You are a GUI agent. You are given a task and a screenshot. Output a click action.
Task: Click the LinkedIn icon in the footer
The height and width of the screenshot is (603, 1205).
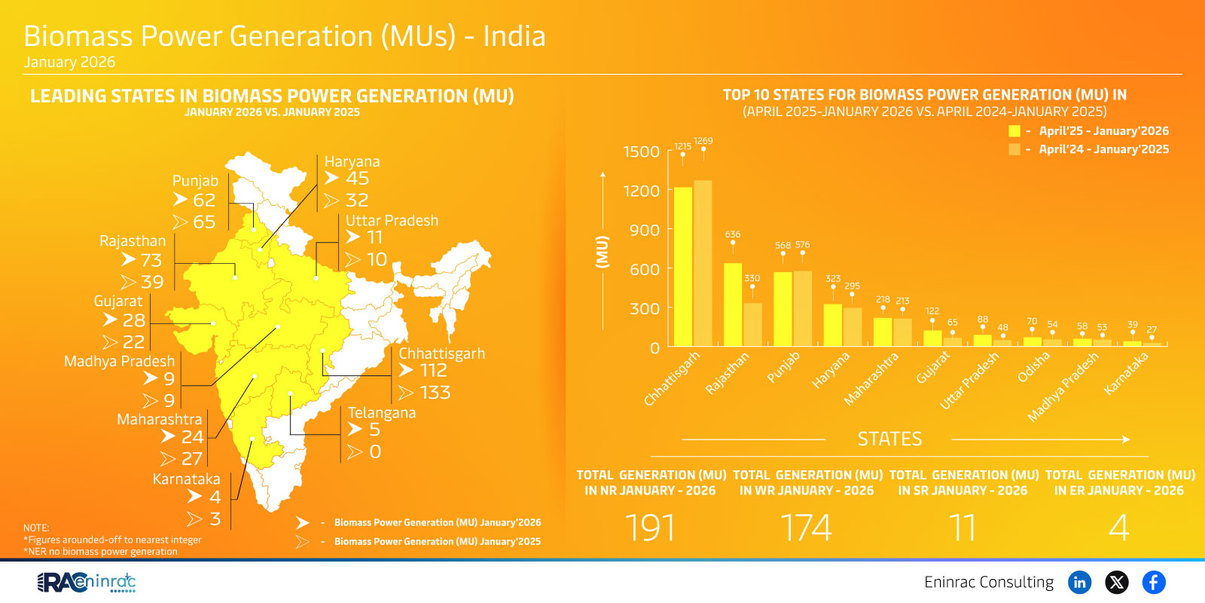[x=1079, y=582]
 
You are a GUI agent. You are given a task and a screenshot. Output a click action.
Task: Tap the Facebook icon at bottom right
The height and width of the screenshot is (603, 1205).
[x=1153, y=582]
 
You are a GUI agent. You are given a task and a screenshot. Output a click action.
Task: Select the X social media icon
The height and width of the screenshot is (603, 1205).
[x=1116, y=582]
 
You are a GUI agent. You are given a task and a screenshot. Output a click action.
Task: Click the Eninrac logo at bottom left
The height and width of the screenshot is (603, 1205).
[x=86, y=582]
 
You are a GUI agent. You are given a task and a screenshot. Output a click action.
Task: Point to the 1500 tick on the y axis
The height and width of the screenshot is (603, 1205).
[x=641, y=152]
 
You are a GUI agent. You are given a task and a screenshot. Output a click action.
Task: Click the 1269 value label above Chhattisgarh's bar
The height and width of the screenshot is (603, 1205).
[x=703, y=141]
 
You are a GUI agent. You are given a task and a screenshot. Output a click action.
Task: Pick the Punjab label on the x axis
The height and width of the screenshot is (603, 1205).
[x=783, y=367]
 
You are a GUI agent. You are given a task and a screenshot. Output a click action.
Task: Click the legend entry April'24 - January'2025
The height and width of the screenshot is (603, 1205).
[x=1103, y=149]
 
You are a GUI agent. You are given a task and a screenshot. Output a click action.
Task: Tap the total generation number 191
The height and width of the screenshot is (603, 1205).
[x=650, y=527]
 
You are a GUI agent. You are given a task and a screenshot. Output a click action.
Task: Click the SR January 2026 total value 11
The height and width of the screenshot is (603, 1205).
[x=962, y=527]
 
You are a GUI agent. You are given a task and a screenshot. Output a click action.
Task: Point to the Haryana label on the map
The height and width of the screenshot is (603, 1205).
[x=352, y=161]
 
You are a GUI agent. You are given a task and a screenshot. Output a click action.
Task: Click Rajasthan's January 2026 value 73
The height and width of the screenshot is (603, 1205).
[x=151, y=260]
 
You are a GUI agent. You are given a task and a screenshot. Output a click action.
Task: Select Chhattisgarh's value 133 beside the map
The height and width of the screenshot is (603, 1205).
[x=435, y=393]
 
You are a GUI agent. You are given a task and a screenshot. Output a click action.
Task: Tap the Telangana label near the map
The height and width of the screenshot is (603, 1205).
[x=381, y=413]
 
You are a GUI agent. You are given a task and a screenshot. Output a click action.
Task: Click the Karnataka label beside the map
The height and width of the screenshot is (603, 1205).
[x=186, y=479]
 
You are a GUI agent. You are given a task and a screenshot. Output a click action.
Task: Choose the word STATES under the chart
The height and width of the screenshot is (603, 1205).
[x=889, y=439]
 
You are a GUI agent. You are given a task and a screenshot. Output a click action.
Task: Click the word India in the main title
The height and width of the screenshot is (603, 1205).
[x=514, y=36]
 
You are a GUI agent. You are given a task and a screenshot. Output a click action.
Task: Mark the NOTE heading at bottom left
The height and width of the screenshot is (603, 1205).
[x=36, y=528]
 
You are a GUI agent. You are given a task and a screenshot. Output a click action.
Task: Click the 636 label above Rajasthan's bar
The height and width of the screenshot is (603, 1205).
[x=732, y=234]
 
